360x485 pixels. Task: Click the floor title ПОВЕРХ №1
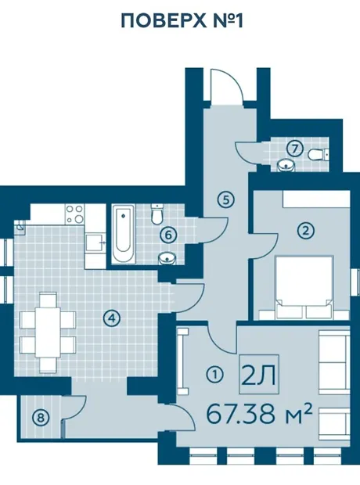pyautogui.click(x=182, y=21)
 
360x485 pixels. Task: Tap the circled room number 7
pyautogui.click(x=294, y=149)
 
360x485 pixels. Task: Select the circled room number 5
pyautogui.click(x=226, y=199)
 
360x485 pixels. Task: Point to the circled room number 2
pyautogui.click(x=305, y=231)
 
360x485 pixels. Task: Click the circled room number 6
pyautogui.click(x=168, y=235)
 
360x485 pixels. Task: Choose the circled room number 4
pyautogui.click(x=112, y=318)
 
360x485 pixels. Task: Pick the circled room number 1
pyautogui.click(x=214, y=375)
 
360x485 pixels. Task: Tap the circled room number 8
pyautogui.click(x=41, y=419)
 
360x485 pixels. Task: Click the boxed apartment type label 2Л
pyautogui.click(x=259, y=374)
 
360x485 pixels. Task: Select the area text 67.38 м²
pyautogui.click(x=259, y=414)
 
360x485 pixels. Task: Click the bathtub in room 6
pyautogui.click(x=124, y=234)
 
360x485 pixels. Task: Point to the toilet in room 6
pyautogui.click(x=157, y=214)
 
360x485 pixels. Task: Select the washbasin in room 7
pyautogui.click(x=286, y=166)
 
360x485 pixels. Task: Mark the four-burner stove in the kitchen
pyautogui.click(x=75, y=214)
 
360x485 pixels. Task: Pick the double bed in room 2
pyautogui.click(x=304, y=287)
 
